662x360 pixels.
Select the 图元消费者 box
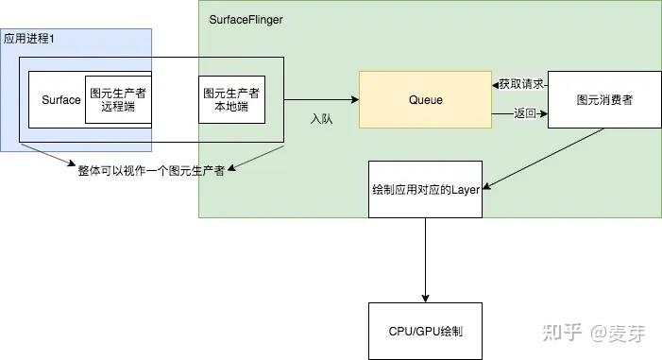pos(603,99)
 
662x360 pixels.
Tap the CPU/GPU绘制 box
pos(425,332)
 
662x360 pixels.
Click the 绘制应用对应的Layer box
pos(425,190)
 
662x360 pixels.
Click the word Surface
pos(61,100)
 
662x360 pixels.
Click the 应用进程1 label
pos(29,38)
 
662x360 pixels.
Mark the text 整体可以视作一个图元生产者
pos(150,171)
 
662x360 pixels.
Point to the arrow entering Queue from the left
pos(321,99)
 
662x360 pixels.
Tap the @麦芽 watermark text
pos(617,333)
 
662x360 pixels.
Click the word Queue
pos(425,99)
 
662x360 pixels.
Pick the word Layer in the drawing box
pos(466,190)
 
